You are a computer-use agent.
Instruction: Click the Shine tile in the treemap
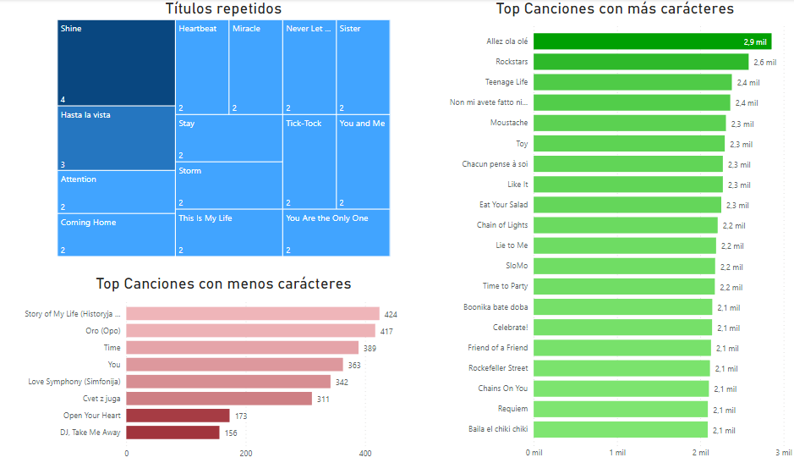116,63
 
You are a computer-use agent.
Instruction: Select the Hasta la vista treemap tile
116,138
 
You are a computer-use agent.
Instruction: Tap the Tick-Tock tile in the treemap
309,162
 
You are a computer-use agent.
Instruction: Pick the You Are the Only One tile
336,233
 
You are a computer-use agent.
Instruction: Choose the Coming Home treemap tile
116,234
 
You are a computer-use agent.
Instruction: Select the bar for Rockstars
641,62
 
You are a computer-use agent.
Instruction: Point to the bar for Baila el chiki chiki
621,430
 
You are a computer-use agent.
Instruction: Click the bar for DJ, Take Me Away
172,433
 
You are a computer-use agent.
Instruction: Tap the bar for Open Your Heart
178,416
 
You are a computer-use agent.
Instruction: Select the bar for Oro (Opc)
250,331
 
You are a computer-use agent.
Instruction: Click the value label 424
390,314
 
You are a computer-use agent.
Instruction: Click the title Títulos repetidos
223,9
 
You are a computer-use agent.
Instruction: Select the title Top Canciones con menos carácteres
223,284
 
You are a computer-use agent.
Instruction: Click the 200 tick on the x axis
246,454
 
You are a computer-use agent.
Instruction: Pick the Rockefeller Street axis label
497,368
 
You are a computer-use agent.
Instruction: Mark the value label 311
323,399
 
